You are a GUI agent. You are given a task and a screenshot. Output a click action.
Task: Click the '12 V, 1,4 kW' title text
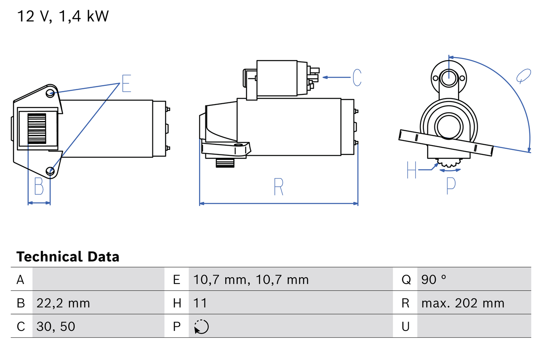pyautogui.click(x=63, y=17)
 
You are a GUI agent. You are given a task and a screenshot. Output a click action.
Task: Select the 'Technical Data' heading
pyautogui.click(x=68, y=256)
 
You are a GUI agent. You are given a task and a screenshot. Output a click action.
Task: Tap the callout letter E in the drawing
pyautogui.click(x=126, y=83)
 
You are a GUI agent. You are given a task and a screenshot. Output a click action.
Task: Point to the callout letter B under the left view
pyautogui.click(x=39, y=186)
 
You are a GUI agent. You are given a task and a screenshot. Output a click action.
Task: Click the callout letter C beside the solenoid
pyautogui.click(x=357, y=77)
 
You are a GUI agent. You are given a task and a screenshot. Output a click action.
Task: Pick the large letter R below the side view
pyautogui.click(x=278, y=187)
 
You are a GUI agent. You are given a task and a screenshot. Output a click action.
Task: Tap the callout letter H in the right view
pyautogui.click(x=412, y=170)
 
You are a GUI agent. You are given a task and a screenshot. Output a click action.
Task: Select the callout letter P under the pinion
pyautogui.click(x=451, y=185)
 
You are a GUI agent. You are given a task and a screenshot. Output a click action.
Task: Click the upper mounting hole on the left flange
pyautogui.click(x=50, y=93)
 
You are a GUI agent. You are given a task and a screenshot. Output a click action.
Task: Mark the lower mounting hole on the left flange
pyautogui.click(x=50, y=171)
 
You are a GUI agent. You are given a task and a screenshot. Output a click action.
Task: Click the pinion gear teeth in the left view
pyautogui.click(x=36, y=129)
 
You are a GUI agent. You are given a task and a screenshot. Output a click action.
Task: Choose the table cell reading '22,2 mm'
pyautogui.click(x=63, y=303)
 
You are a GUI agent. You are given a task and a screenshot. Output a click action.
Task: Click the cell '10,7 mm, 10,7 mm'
pyautogui.click(x=251, y=279)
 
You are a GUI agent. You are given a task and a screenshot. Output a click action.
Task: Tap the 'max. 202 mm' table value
pyautogui.click(x=463, y=303)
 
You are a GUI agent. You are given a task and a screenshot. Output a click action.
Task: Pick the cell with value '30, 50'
pyautogui.click(x=55, y=326)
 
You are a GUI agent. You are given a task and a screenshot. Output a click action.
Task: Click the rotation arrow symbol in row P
pyautogui.click(x=201, y=327)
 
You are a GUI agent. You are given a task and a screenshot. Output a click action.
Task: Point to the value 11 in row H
pyautogui.click(x=200, y=303)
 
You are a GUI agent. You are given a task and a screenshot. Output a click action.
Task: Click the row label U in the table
pyautogui.click(x=406, y=326)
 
